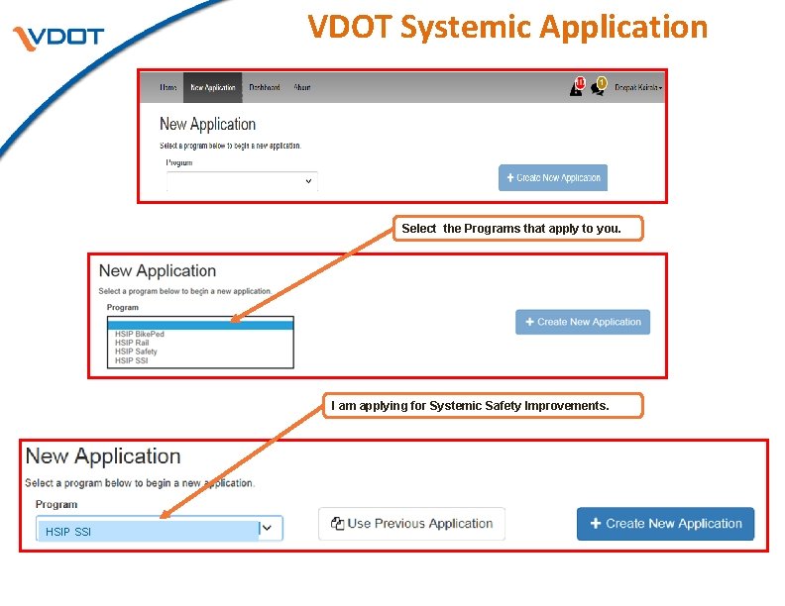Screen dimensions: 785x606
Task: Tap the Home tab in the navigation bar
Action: [168, 87]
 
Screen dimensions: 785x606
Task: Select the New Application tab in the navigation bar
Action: [213, 87]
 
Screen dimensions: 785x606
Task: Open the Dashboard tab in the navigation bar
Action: [264, 87]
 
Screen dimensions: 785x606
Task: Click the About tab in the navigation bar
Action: [302, 87]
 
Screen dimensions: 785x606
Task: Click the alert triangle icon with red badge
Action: [576, 87]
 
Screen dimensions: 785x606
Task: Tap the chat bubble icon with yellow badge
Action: [598, 87]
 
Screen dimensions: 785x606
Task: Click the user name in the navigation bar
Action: [638, 87]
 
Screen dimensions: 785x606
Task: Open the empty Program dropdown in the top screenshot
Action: [242, 181]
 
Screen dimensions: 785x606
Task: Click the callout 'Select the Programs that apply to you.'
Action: [511, 229]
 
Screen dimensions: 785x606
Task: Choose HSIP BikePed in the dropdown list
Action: [140, 335]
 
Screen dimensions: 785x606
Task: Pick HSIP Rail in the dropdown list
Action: [132, 344]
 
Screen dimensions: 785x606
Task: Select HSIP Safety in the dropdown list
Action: [136, 352]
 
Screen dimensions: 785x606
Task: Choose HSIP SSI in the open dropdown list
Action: [131, 360]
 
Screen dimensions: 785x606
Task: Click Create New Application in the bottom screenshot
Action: [665, 524]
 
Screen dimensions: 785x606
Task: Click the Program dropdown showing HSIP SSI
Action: [159, 531]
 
